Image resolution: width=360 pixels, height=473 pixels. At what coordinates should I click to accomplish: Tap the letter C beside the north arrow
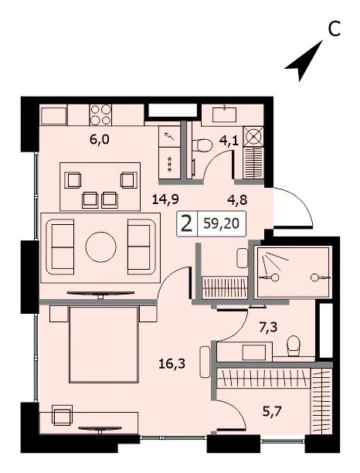[334, 29]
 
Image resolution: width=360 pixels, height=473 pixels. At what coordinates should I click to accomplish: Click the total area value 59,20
[221, 224]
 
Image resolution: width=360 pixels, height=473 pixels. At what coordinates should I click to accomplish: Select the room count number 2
[187, 224]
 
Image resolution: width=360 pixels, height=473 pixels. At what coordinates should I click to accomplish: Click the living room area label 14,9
[165, 199]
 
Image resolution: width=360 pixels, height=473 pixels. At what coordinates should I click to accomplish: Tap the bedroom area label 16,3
[172, 364]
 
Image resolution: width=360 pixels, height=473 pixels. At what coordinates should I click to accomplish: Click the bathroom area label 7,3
[268, 326]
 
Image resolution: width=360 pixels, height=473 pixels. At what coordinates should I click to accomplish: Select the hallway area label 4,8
[237, 200]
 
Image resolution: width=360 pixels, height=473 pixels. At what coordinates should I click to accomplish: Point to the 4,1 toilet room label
[229, 141]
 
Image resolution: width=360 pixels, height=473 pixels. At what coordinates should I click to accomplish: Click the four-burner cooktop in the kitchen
[100, 114]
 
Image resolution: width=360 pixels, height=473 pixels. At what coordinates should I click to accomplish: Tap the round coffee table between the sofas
[100, 247]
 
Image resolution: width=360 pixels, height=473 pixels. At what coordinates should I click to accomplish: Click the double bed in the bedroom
[104, 344]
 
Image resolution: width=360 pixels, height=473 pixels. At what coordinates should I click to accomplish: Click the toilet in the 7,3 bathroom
[294, 346]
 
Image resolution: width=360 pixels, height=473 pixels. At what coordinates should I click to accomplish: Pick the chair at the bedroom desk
[63, 416]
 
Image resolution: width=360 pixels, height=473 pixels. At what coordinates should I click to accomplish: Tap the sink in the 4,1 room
[226, 114]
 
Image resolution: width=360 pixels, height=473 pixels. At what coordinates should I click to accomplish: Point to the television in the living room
[100, 294]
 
